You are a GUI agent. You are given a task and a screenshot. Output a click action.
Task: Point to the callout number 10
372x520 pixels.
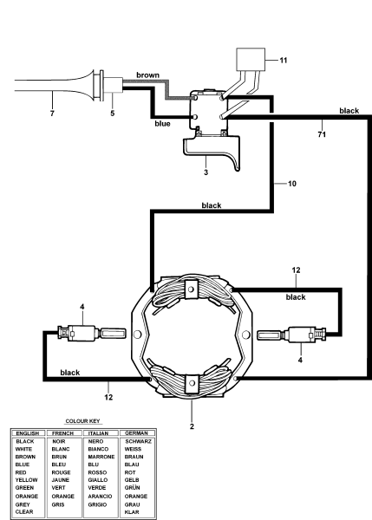pos(281,185)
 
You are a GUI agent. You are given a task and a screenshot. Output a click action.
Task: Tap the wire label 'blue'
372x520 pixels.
pos(163,123)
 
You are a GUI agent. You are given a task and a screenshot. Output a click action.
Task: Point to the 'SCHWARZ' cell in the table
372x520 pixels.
pos(140,441)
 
